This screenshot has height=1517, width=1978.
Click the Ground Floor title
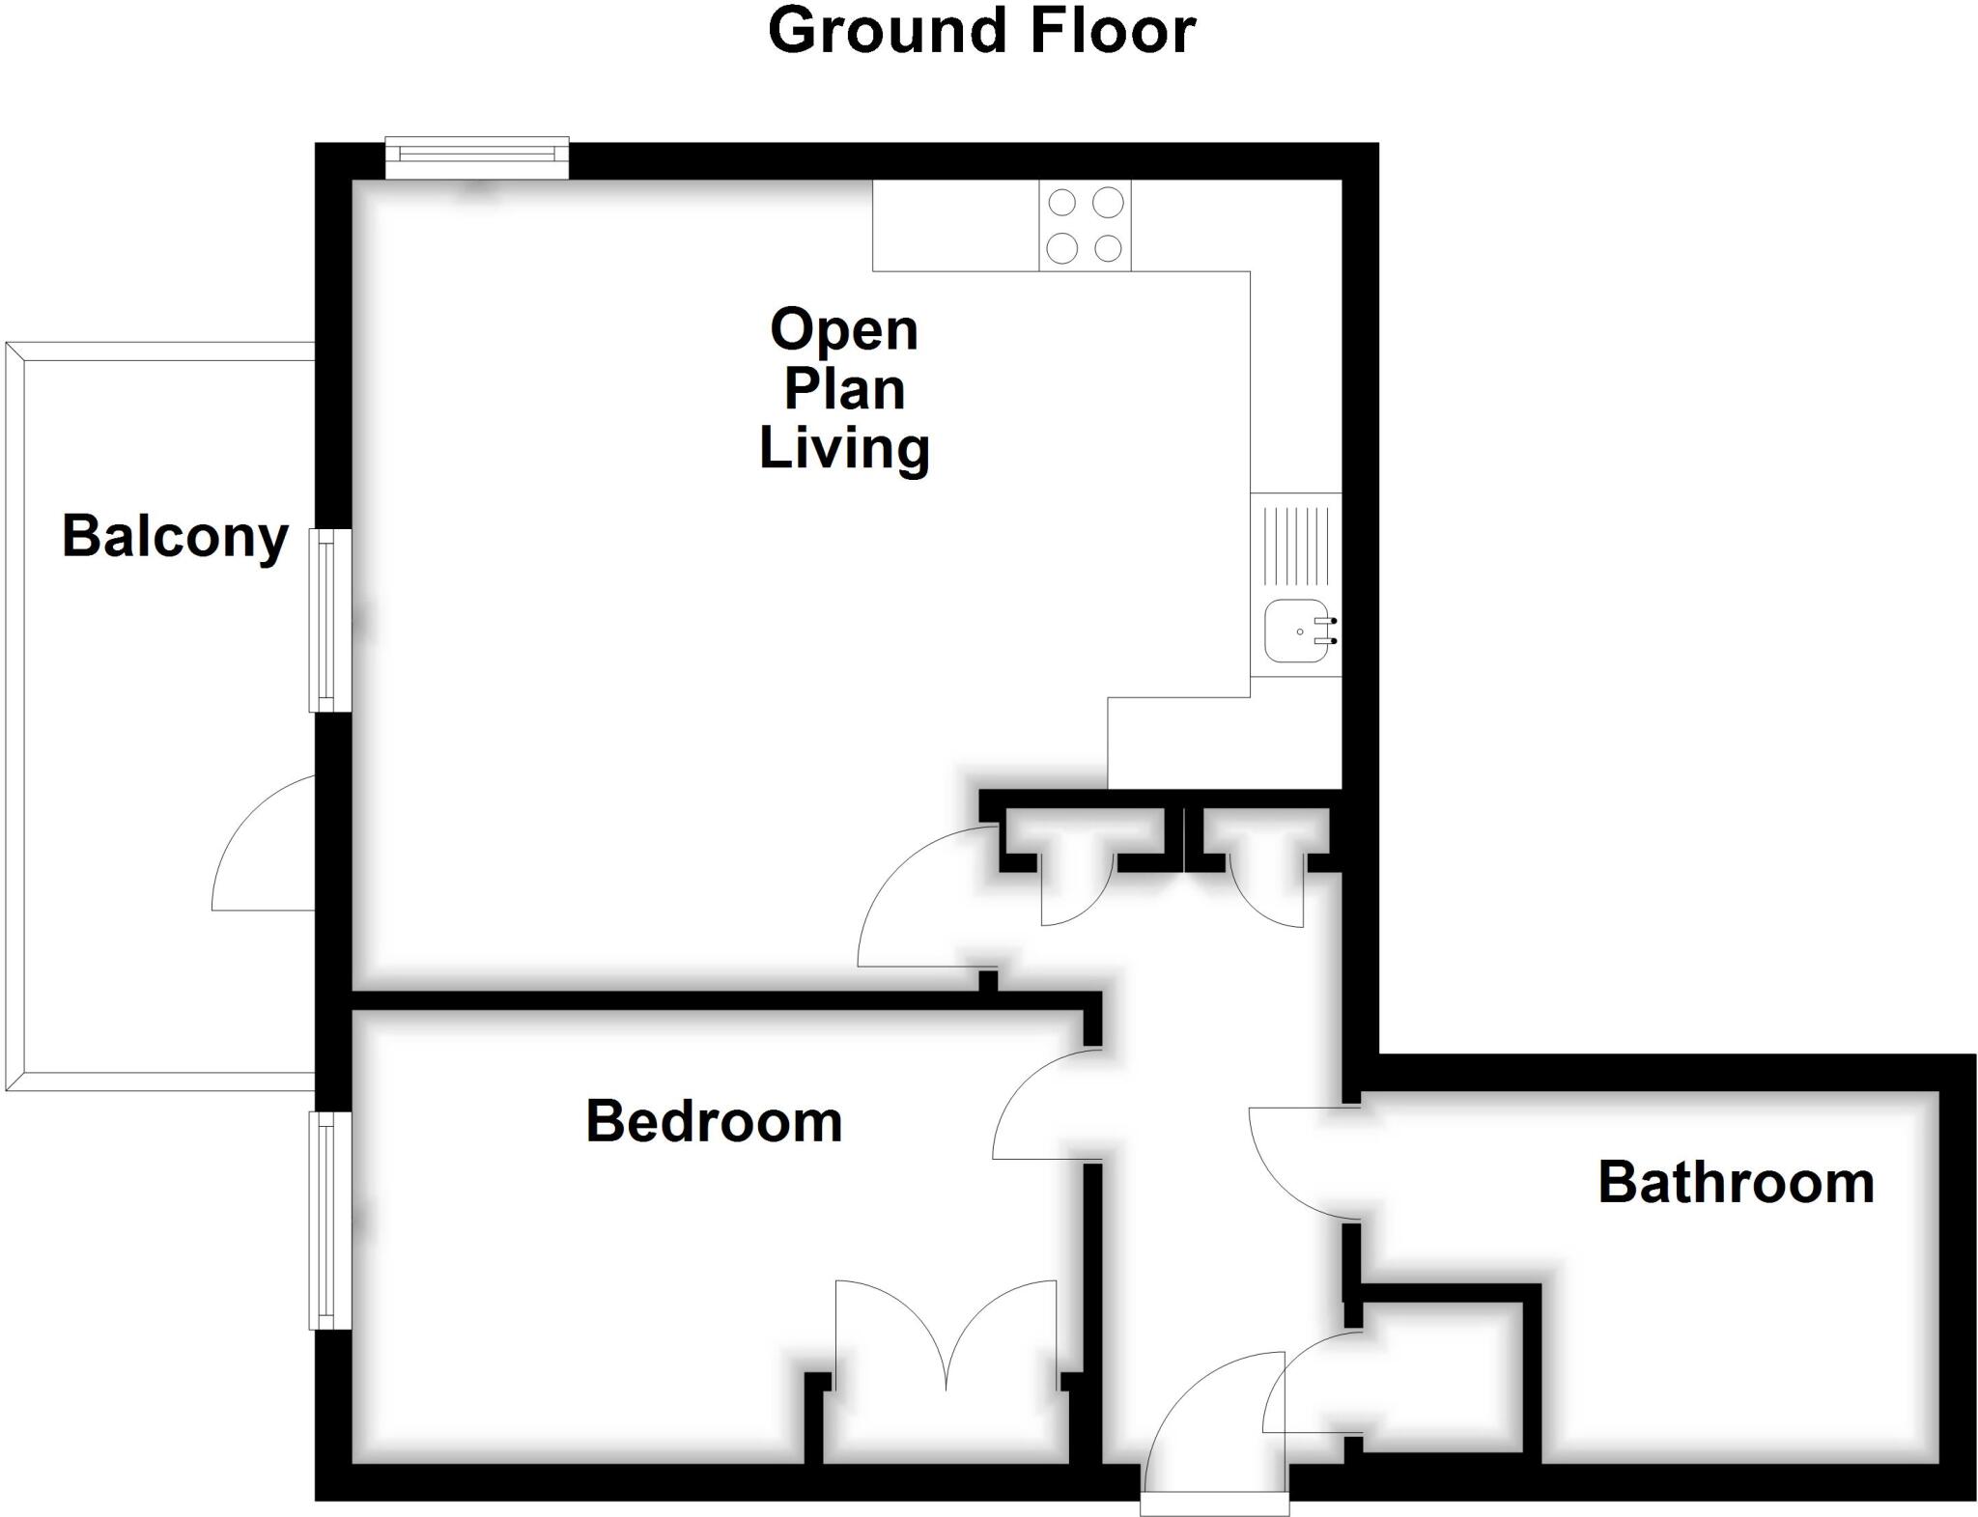point(981,31)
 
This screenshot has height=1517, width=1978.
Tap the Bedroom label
point(714,1122)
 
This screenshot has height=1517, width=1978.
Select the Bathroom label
point(1736,1183)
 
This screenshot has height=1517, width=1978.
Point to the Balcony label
point(175,537)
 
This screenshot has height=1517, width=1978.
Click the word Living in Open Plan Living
point(844,449)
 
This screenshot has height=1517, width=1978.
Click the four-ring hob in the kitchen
point(1085,225)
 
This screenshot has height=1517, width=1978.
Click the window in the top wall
point(477,159)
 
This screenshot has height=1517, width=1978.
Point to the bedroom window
point(329,1220)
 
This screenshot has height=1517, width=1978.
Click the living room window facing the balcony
point(329,620)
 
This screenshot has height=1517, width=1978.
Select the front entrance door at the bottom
point(1215,1429)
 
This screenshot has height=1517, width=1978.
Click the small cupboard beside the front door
point(1439,1376)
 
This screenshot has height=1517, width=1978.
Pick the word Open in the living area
point(844,330)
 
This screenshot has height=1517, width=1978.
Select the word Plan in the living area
point(844,389)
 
